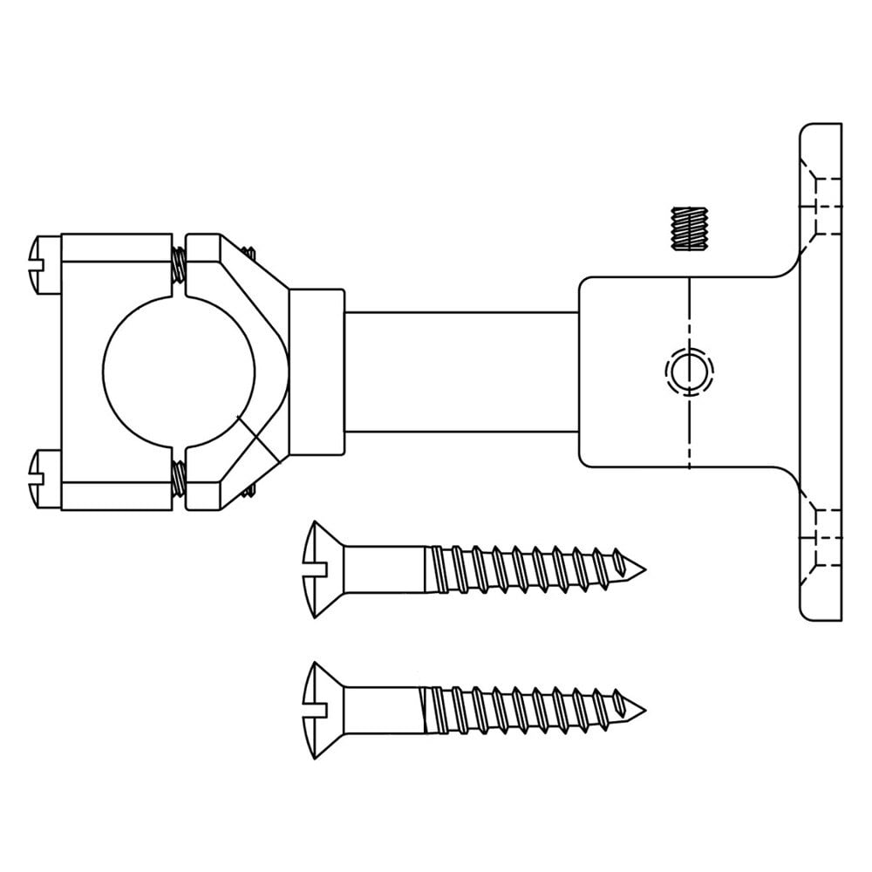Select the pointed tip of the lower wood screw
pyautogui.click(x=640, y=705)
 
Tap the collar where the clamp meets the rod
pyautogui.click(x=317, y=371)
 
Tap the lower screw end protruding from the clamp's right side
pyautogui.click(x=249, y=493)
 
